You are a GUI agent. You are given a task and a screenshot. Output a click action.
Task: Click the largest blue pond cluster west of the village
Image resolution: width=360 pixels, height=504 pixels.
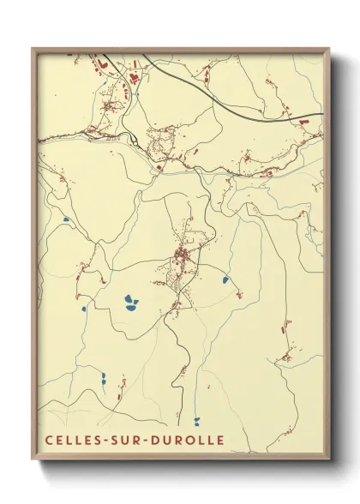click(x=130, y=302)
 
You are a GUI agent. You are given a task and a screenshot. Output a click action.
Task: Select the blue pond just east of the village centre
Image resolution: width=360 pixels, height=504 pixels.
click(x=225, y=279)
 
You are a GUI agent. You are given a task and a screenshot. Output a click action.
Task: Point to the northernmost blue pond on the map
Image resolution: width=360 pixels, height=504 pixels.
click(x=65, y=219)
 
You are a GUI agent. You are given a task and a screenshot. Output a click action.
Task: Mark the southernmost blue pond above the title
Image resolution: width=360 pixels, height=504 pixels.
click(x=196, y=420)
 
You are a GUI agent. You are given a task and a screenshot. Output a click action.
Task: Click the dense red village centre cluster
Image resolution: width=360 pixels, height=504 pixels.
click(x=182, y=255)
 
